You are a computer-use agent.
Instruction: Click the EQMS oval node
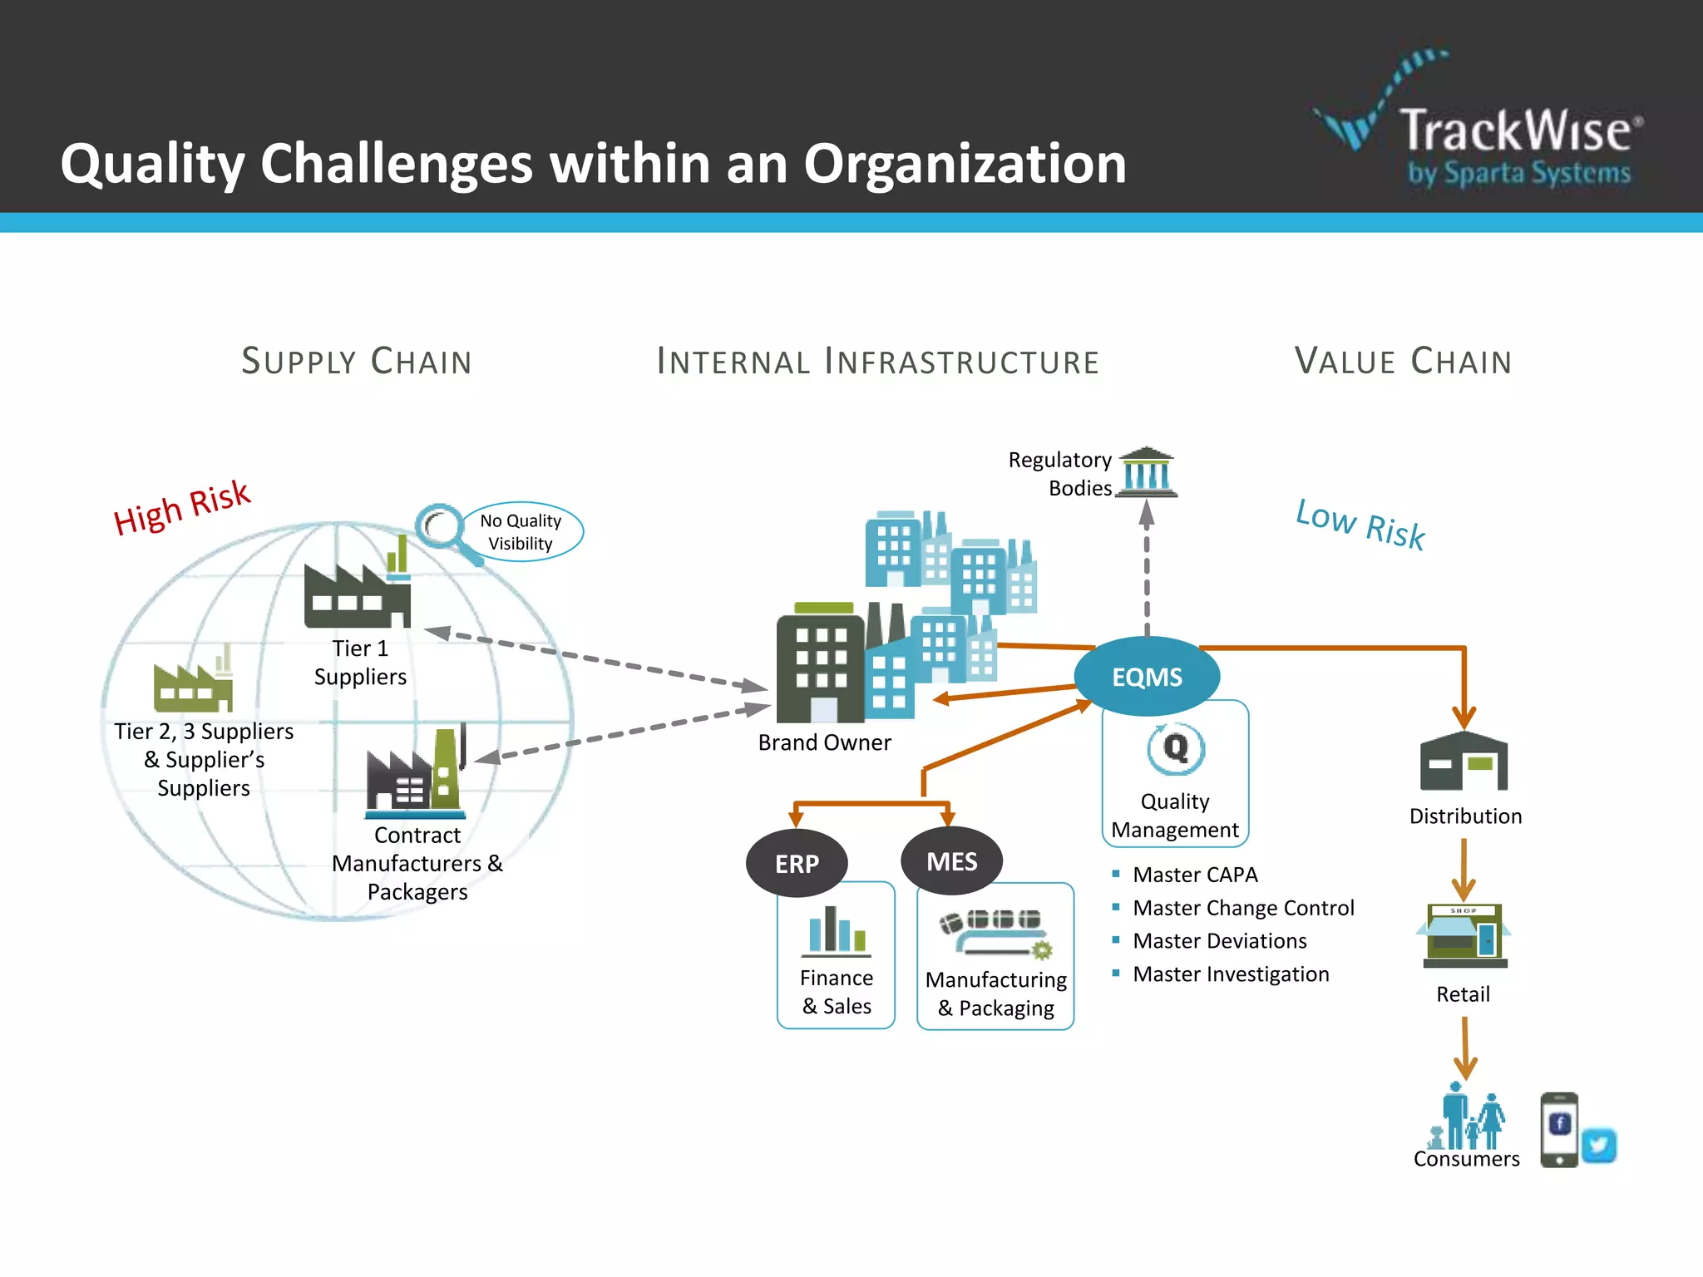[1147, 677]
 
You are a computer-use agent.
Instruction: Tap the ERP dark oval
[797, 864]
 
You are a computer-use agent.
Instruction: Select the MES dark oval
[951, 861]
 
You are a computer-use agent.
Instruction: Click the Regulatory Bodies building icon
[1147, 472]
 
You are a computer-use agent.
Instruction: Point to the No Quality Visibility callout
[521, 532]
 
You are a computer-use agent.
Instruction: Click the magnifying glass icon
[445, 530]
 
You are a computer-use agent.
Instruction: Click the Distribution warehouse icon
[1464, 762]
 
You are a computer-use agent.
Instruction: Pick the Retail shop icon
[1464, 935]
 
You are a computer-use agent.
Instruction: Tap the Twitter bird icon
[1598, 1146]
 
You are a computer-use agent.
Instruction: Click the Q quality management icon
[1175, 748]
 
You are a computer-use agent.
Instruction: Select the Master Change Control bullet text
[1243, 908]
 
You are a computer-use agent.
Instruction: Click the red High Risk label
[182, 508]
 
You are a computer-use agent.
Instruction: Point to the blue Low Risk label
[1360, 524]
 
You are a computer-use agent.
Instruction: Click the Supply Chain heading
[357, 362]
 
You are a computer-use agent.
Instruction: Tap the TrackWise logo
[1480, 125]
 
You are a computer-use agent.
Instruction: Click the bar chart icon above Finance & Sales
[837, 930]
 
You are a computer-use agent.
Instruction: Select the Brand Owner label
[824, 742]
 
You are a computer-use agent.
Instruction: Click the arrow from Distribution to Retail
[1464, 869]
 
